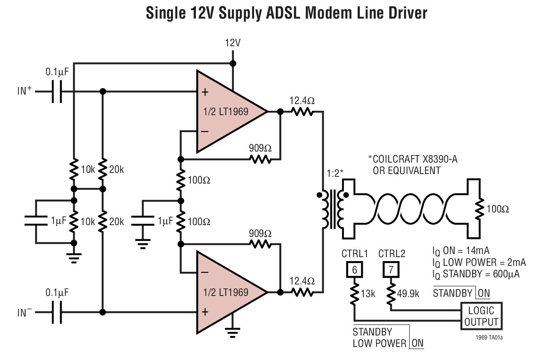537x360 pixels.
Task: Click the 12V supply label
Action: (x=233, y=43)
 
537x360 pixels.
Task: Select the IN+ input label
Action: (x=25, y=91)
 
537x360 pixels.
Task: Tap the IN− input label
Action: (x=25, y=313)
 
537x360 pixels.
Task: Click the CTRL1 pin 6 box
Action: (x=355, y=270)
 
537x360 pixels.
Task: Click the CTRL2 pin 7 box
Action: (x=391, y=270)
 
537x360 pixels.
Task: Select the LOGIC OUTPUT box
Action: (x=481, y=316)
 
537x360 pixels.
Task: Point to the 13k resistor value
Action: (x=368, y=294)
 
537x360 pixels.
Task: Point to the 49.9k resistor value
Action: (x=409, y=294)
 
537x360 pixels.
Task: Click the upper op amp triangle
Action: (x=228, y=112)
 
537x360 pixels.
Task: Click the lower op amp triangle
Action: (x=228, y=292)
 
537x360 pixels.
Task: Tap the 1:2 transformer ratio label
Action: (x=335, y=173)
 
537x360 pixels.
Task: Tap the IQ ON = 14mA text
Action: (x=461, y=251)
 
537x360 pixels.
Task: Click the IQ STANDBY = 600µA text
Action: (x=476, y=274)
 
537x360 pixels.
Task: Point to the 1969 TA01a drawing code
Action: (x=489, y=338)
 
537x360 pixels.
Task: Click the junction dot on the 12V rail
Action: (x=233, y=63)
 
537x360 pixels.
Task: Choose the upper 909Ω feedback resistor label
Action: (x=260, y=148)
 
